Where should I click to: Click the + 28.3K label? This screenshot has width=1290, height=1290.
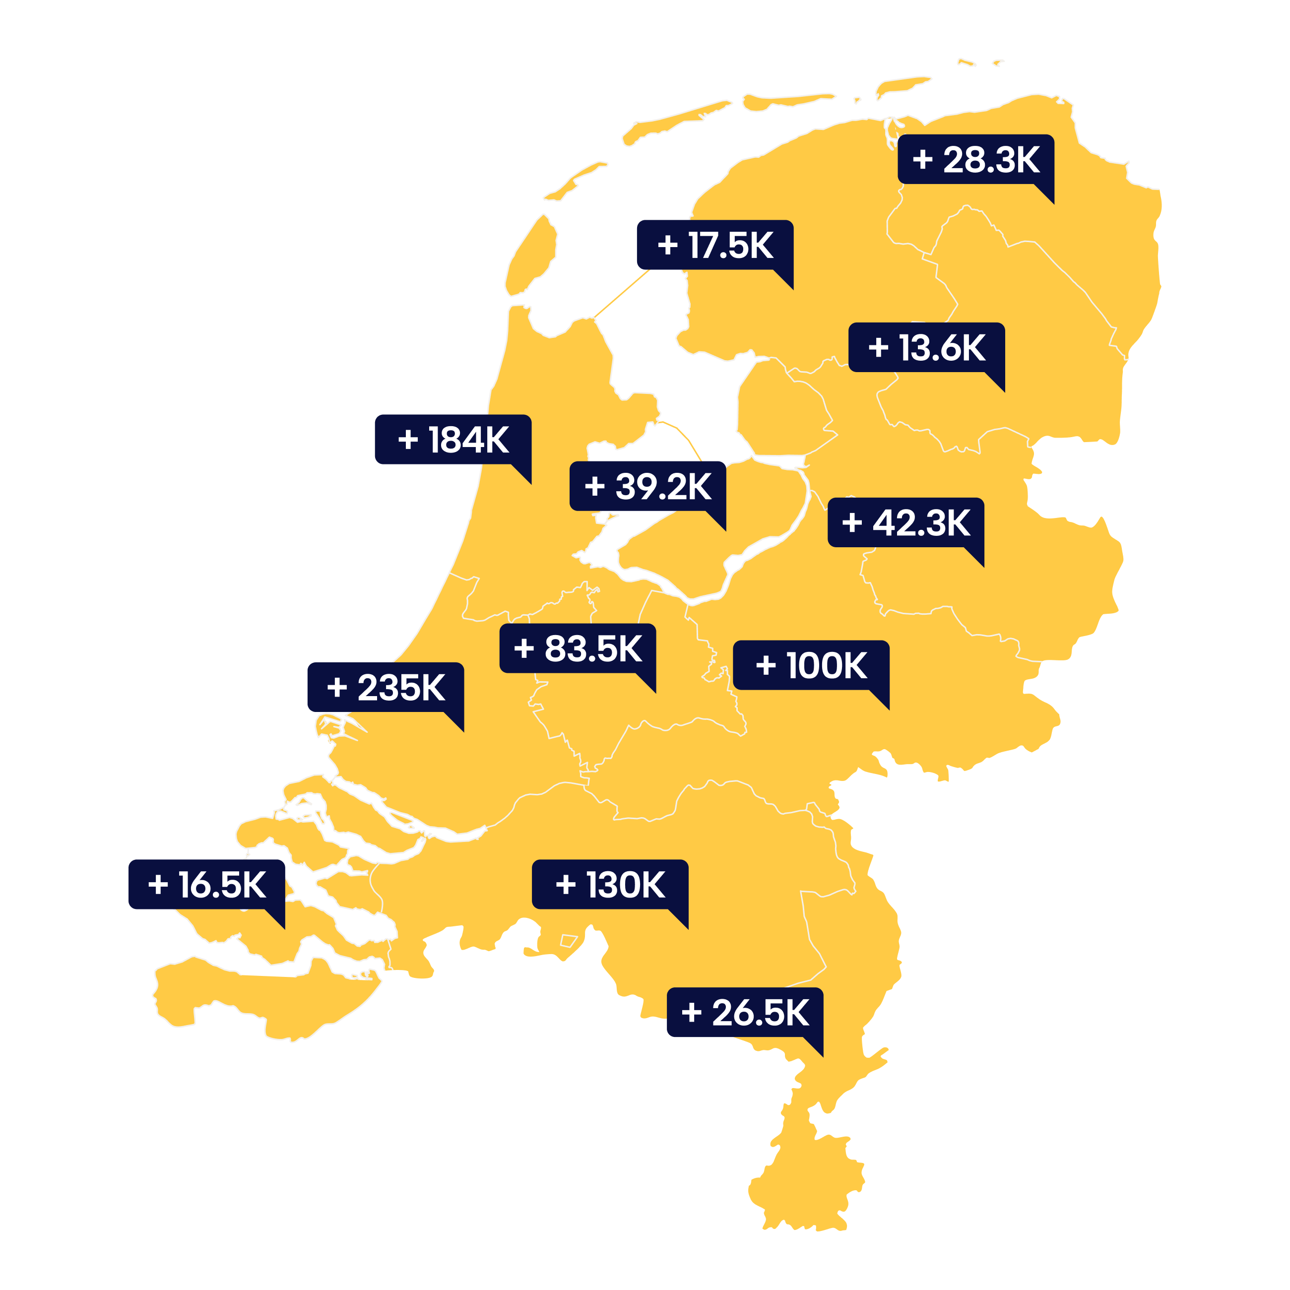975,160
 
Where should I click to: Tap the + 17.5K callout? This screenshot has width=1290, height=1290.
715,245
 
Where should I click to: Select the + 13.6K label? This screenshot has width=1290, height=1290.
927,347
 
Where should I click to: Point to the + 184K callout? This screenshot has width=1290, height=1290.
452,440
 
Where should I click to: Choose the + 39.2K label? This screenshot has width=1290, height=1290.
647,486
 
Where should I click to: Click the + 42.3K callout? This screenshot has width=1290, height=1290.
906,522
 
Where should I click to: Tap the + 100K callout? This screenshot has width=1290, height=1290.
811,665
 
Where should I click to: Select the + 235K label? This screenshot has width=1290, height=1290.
386,687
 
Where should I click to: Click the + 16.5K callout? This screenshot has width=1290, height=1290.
207,884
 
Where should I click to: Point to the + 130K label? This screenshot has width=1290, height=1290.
610,884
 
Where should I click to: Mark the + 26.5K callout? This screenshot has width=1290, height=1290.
745,1012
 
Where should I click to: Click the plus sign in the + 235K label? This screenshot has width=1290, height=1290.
337,687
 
